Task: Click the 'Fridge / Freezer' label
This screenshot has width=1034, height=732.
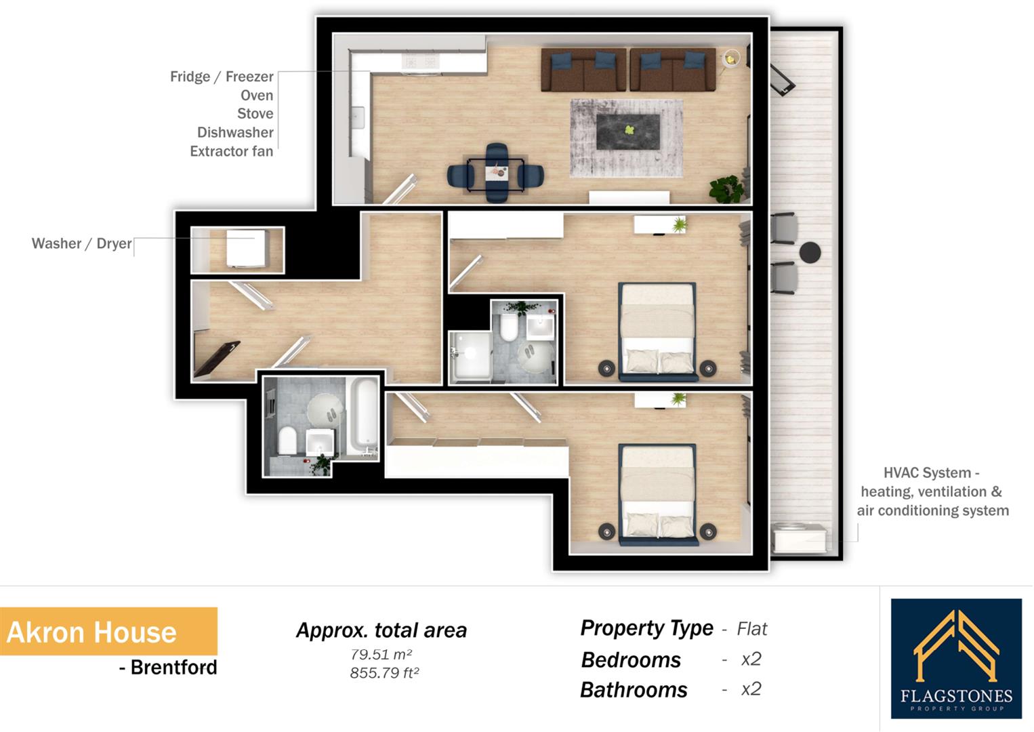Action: (222, 77)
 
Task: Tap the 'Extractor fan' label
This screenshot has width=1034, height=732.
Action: (231, 151)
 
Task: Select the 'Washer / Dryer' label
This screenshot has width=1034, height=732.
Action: (81, 243)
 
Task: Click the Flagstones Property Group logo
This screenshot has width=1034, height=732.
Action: (956, 658)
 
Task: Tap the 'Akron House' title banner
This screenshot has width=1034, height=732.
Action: (108, 632)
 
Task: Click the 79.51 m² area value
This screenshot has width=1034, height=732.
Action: (381, 655)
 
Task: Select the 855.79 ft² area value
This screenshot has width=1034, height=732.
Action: (384, 673)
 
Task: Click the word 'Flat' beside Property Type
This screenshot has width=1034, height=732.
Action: (751, 629)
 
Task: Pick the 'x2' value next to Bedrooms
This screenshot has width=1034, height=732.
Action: (751, 659)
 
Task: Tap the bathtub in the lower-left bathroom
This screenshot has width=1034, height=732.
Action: (363, 418)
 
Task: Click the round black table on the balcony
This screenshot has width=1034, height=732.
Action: (810, 252)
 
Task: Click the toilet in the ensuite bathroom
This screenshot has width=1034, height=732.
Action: (509, 328)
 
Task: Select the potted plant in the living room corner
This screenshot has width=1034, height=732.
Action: (727, 188)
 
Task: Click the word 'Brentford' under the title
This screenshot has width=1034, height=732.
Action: (173, 668)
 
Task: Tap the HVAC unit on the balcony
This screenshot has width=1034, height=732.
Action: (800, 539)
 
